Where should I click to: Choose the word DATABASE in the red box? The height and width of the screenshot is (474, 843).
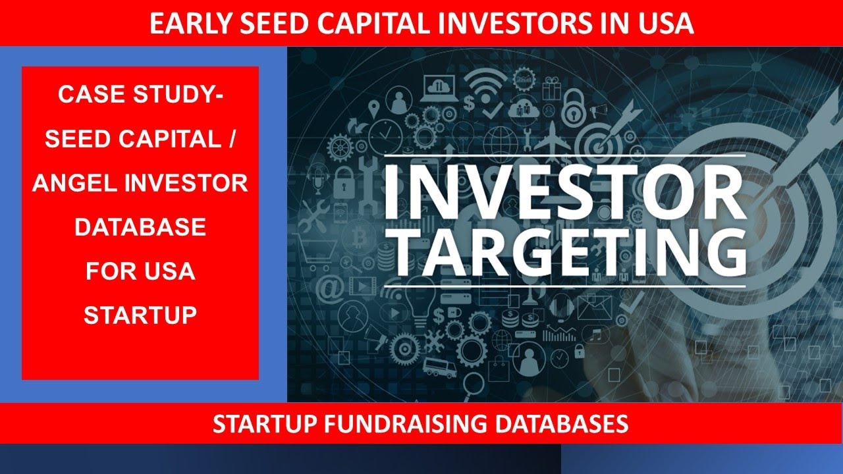coord(140,227)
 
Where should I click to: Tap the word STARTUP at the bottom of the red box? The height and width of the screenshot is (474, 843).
coord(140,315)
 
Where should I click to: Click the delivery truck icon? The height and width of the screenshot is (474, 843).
coord(435,366)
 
